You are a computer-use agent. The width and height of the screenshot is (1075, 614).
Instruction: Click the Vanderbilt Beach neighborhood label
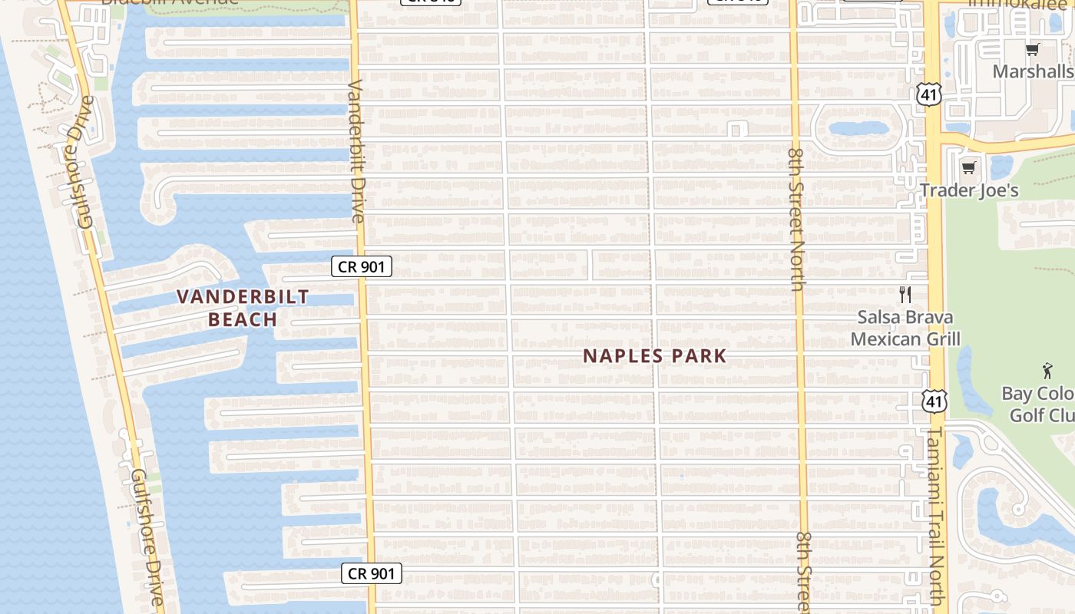click(x=243, y=308)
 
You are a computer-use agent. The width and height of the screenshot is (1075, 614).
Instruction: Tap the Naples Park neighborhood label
click(x=654, y=356)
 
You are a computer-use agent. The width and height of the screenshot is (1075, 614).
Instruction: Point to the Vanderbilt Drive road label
click(x=357, y=150)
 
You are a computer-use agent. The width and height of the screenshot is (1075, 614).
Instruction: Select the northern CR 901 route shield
click(x=362, y=266)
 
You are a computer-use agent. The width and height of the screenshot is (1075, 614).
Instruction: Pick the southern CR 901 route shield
click(x=372, y=573)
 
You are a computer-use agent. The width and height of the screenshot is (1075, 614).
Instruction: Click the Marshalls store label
click(x=1032, y=71)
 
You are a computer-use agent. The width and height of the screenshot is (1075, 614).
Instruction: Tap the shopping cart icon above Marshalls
click(x=1032, y=50)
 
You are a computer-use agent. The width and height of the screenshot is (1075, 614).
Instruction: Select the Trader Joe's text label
click(x=969, y=190)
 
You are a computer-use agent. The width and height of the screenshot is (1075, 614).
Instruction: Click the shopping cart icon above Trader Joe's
click(x=968, y=167)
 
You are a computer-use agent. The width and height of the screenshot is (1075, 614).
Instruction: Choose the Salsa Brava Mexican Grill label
click(x=905, y=328)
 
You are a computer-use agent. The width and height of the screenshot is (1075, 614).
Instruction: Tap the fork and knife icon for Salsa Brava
click(x=905, y=294)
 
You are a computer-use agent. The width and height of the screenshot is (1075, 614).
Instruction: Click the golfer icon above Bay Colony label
click(x=1047, y=371)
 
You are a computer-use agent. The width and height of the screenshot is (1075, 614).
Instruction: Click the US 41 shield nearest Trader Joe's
click(x=928, y=94)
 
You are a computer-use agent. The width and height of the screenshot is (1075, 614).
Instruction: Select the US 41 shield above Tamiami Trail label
click(x=934, y=401)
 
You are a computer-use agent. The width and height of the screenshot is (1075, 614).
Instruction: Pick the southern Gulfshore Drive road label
click(x=146, y=537)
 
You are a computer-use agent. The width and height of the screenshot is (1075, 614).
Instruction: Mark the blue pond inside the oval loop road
click(x=858, y=128)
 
